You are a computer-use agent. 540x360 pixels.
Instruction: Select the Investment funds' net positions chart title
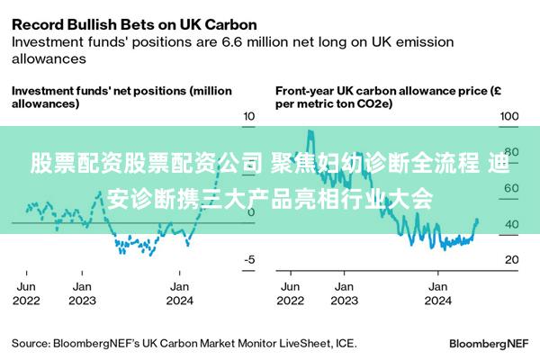(121, 97)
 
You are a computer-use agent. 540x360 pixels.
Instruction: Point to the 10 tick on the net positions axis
(250, 116)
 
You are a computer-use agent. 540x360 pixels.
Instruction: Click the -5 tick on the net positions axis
(249, 259)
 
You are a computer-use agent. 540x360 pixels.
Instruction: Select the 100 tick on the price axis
(509, 116)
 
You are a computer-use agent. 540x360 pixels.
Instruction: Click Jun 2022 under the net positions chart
(27, 292)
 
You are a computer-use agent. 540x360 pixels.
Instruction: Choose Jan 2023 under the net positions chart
(83, 292)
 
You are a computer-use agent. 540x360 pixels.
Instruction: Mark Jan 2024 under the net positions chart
(180, 292)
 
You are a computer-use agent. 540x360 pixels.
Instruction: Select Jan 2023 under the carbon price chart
(343, 292)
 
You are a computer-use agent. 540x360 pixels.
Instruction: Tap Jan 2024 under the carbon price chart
(437, 292)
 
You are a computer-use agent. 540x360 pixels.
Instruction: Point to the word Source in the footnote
(31, 343)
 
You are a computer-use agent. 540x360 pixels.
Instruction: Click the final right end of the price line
(476, 220)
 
